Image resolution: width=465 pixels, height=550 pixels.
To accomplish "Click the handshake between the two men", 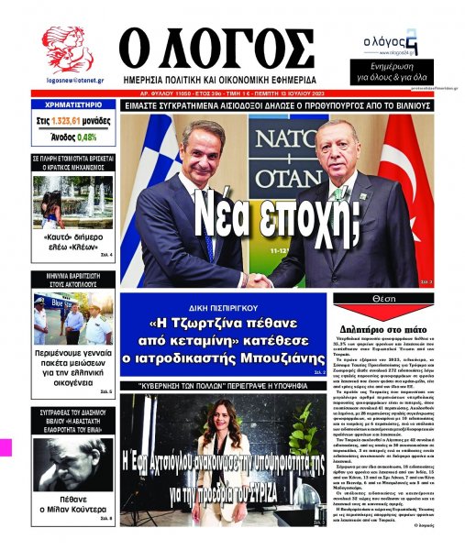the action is [x=260, y=280].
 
